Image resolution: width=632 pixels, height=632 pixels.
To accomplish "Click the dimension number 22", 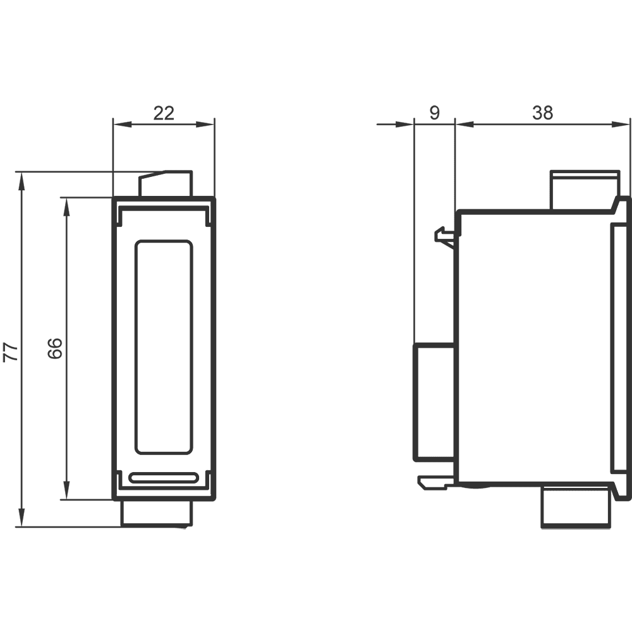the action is (164, 113).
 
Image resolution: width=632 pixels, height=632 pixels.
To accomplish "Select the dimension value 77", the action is (11, 351).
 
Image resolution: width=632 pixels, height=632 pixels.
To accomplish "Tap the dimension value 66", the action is (55, 348).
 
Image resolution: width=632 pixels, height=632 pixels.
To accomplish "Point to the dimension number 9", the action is (434, 113).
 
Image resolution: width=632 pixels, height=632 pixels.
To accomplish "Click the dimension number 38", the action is (542, 113).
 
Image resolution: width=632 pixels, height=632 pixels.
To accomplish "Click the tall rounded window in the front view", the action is (163, 348).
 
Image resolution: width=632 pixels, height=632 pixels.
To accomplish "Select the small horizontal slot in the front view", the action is (163, 478).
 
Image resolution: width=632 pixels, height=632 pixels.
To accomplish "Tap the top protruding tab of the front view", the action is (165, 184).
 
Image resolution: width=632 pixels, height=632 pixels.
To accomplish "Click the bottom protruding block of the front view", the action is (157, 513).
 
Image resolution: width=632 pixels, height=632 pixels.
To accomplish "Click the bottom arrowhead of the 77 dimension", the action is (21, 518).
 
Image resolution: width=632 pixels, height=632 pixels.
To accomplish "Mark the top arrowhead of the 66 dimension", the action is (66, 207).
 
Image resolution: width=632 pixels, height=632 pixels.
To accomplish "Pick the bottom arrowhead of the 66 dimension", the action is (66, 491).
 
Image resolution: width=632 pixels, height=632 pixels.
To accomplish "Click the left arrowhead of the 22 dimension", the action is (123, 125).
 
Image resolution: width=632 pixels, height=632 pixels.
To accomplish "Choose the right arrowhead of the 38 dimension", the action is (621, 125).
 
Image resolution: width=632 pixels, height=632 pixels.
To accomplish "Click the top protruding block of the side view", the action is (585, 190).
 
